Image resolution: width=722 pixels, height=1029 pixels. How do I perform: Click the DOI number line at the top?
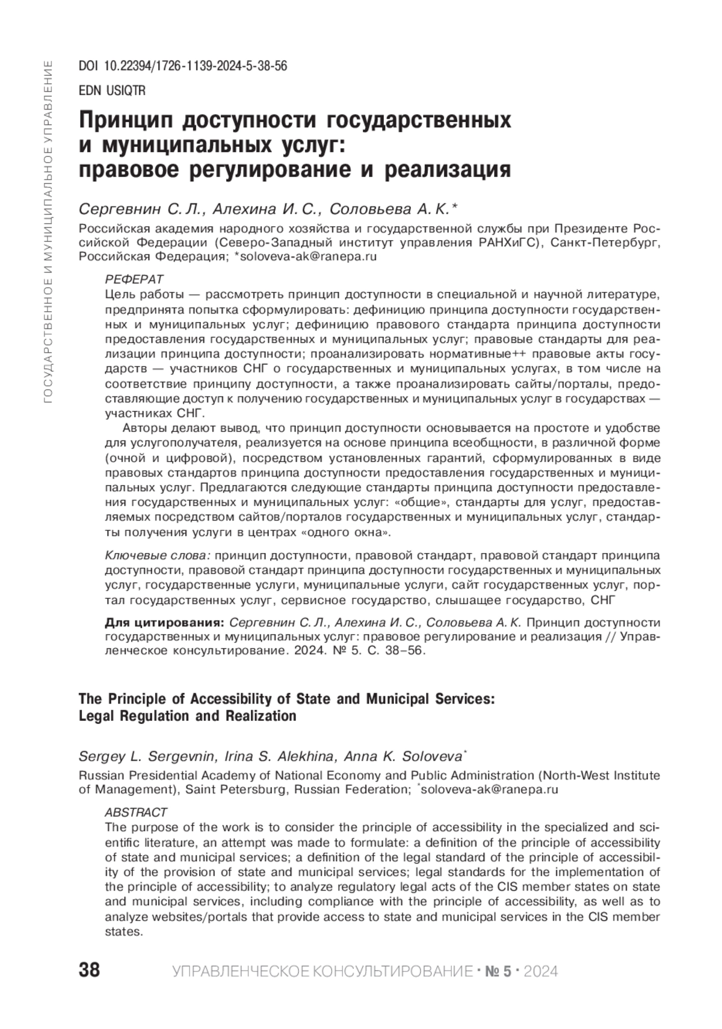pyautogui.click(x=183, y=66)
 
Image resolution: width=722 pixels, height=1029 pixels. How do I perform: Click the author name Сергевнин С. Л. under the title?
pyautogui.click(x=143, y=209)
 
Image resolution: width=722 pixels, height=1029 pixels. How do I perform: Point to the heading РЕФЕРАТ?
pyautogui.click(x=134, y=280)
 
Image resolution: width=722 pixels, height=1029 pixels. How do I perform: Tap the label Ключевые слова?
pyautogui.click(x=158, y=555)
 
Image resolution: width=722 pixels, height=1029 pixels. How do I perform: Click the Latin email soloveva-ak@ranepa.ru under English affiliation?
pyautogui.click(x=489, y=790)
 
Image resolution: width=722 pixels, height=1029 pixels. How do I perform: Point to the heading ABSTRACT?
pyautogui.click(x=136, y=812)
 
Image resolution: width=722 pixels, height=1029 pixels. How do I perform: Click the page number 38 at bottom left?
pyautogui.click(x=90, y=970)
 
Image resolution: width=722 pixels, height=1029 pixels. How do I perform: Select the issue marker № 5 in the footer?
pyautogui.click(x=498, y=971)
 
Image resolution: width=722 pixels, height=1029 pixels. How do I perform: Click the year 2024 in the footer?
pyautogui.click(x=541, y=971)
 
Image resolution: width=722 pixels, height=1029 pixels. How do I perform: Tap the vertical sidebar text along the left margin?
pyautogui.click(x=49, y=229)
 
